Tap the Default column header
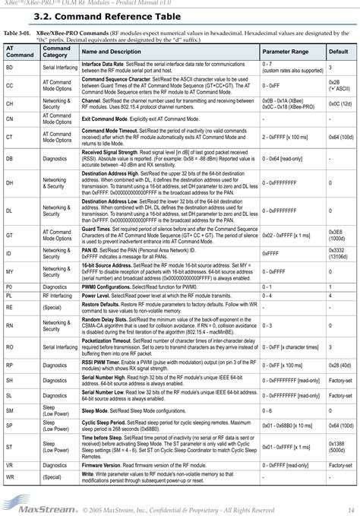337,50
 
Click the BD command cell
9,68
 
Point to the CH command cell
9,102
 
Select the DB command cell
9,159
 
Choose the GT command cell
9,236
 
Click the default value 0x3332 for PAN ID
335,250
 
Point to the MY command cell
9,271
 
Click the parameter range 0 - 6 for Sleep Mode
268,410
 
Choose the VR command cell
9,464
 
